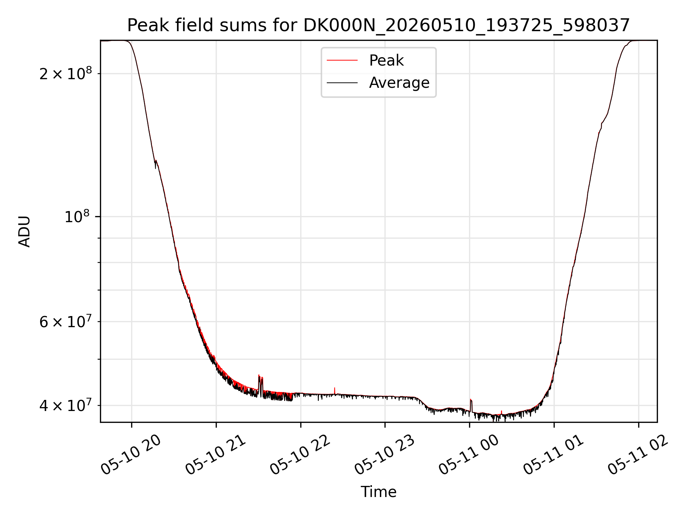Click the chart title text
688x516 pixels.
point(378,25)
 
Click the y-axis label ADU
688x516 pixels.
point(24,231)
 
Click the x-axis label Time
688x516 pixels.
point(378,492)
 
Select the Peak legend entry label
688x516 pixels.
point(386,61)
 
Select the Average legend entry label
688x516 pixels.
point(399,83)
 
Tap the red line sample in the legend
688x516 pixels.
point(342,61)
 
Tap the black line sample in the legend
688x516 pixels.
point(342,83)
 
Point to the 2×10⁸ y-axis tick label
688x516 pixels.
point(66,73)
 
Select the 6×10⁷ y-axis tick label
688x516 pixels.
point(66,321)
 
